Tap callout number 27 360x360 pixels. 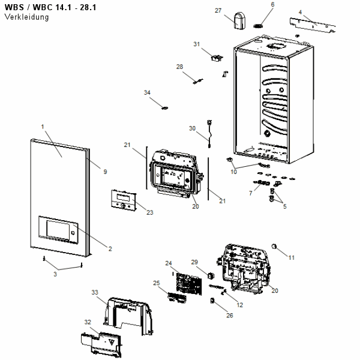[x=218, y=10]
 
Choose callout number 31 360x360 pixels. [x=196, y=44]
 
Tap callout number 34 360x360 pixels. [x=147, y=92]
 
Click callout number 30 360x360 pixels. [x=193, y=128]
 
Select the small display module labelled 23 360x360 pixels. [x=122, y=200]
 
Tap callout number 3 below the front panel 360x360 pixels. [x=55, y=274]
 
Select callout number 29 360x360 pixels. [x=194, y=262]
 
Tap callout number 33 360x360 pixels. [x=95, y=292]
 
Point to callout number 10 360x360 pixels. [x=234, y=172]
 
